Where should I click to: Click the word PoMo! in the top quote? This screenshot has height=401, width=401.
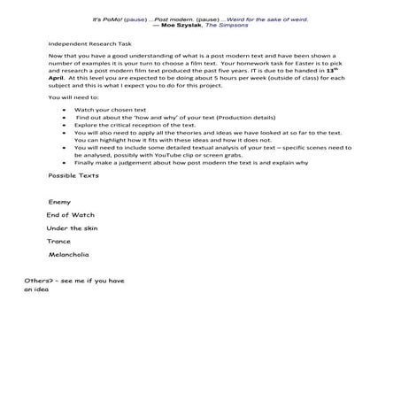click(112, 18)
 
